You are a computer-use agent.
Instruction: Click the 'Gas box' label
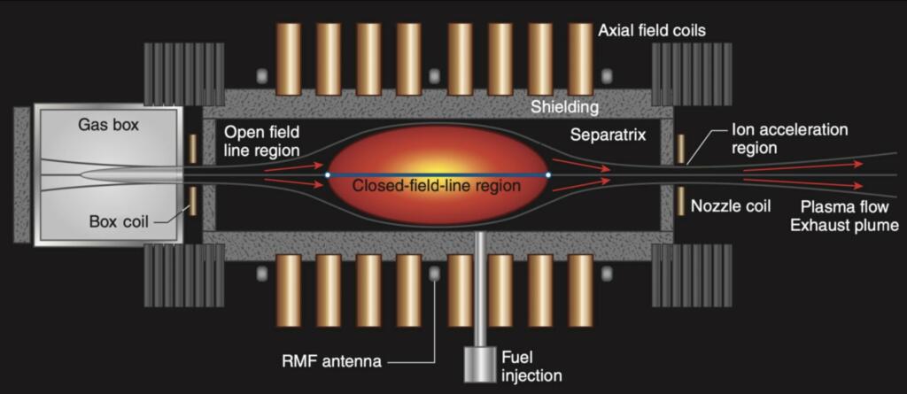(108, 125)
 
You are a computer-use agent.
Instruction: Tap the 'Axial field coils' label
(652, 31)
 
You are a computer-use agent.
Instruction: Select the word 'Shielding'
(564, 107)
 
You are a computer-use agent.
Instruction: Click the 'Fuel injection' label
(531, 367)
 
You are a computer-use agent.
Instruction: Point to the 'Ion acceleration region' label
(789, 138)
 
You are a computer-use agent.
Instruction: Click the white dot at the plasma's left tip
(327, 175)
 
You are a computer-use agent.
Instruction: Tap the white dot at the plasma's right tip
(548, 175)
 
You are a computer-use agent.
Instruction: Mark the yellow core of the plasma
(438, 164)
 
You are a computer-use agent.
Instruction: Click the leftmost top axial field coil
(288, 58)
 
